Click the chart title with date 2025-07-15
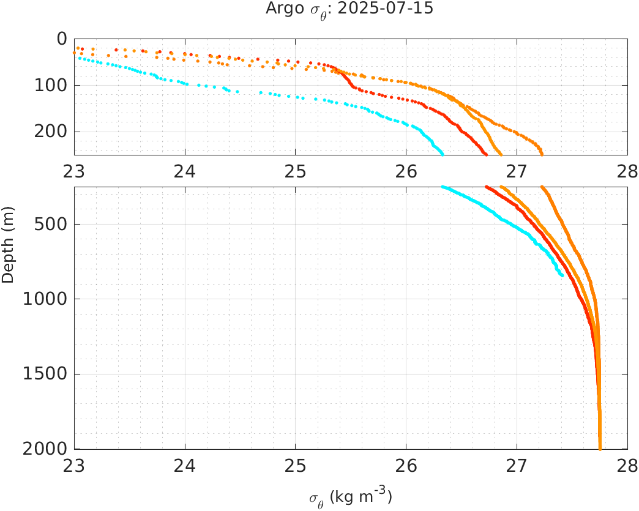click(x=349, y=9)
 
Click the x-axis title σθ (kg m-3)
click(x=350, y=498)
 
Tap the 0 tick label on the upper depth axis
click(x=62, y=39)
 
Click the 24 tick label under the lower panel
click(x=185, y=466)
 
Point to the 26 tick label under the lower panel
click(x=406, y=466)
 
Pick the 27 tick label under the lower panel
click(x=517, y=466)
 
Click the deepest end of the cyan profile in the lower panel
click(x=561, y=275)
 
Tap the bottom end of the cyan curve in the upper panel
click(x=442, y=153)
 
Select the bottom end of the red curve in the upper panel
click(x=486, y=153)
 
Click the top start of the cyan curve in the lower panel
click(x=443, y=187)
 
